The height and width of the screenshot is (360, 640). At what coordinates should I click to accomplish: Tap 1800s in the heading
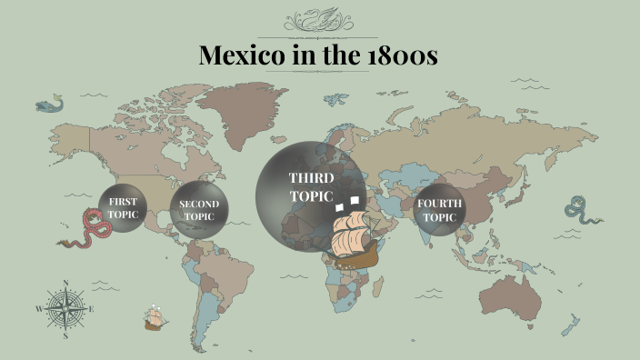tap(404, 55)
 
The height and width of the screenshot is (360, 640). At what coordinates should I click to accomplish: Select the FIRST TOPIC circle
tap(123, 208)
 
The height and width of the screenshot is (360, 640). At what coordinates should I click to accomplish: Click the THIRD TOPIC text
tap(311, 185)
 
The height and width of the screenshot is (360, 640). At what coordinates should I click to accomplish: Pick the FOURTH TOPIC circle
tap(440, 211)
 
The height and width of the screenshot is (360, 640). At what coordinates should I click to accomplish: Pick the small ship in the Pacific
tap(155, 318)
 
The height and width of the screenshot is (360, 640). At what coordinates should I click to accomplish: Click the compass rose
tap(66, 309)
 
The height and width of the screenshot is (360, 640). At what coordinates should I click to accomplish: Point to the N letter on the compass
tap(66, 283)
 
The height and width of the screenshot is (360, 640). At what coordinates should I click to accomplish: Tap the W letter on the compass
tap(39, 310)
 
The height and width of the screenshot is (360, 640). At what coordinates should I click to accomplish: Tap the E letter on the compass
tap(92, 310)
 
